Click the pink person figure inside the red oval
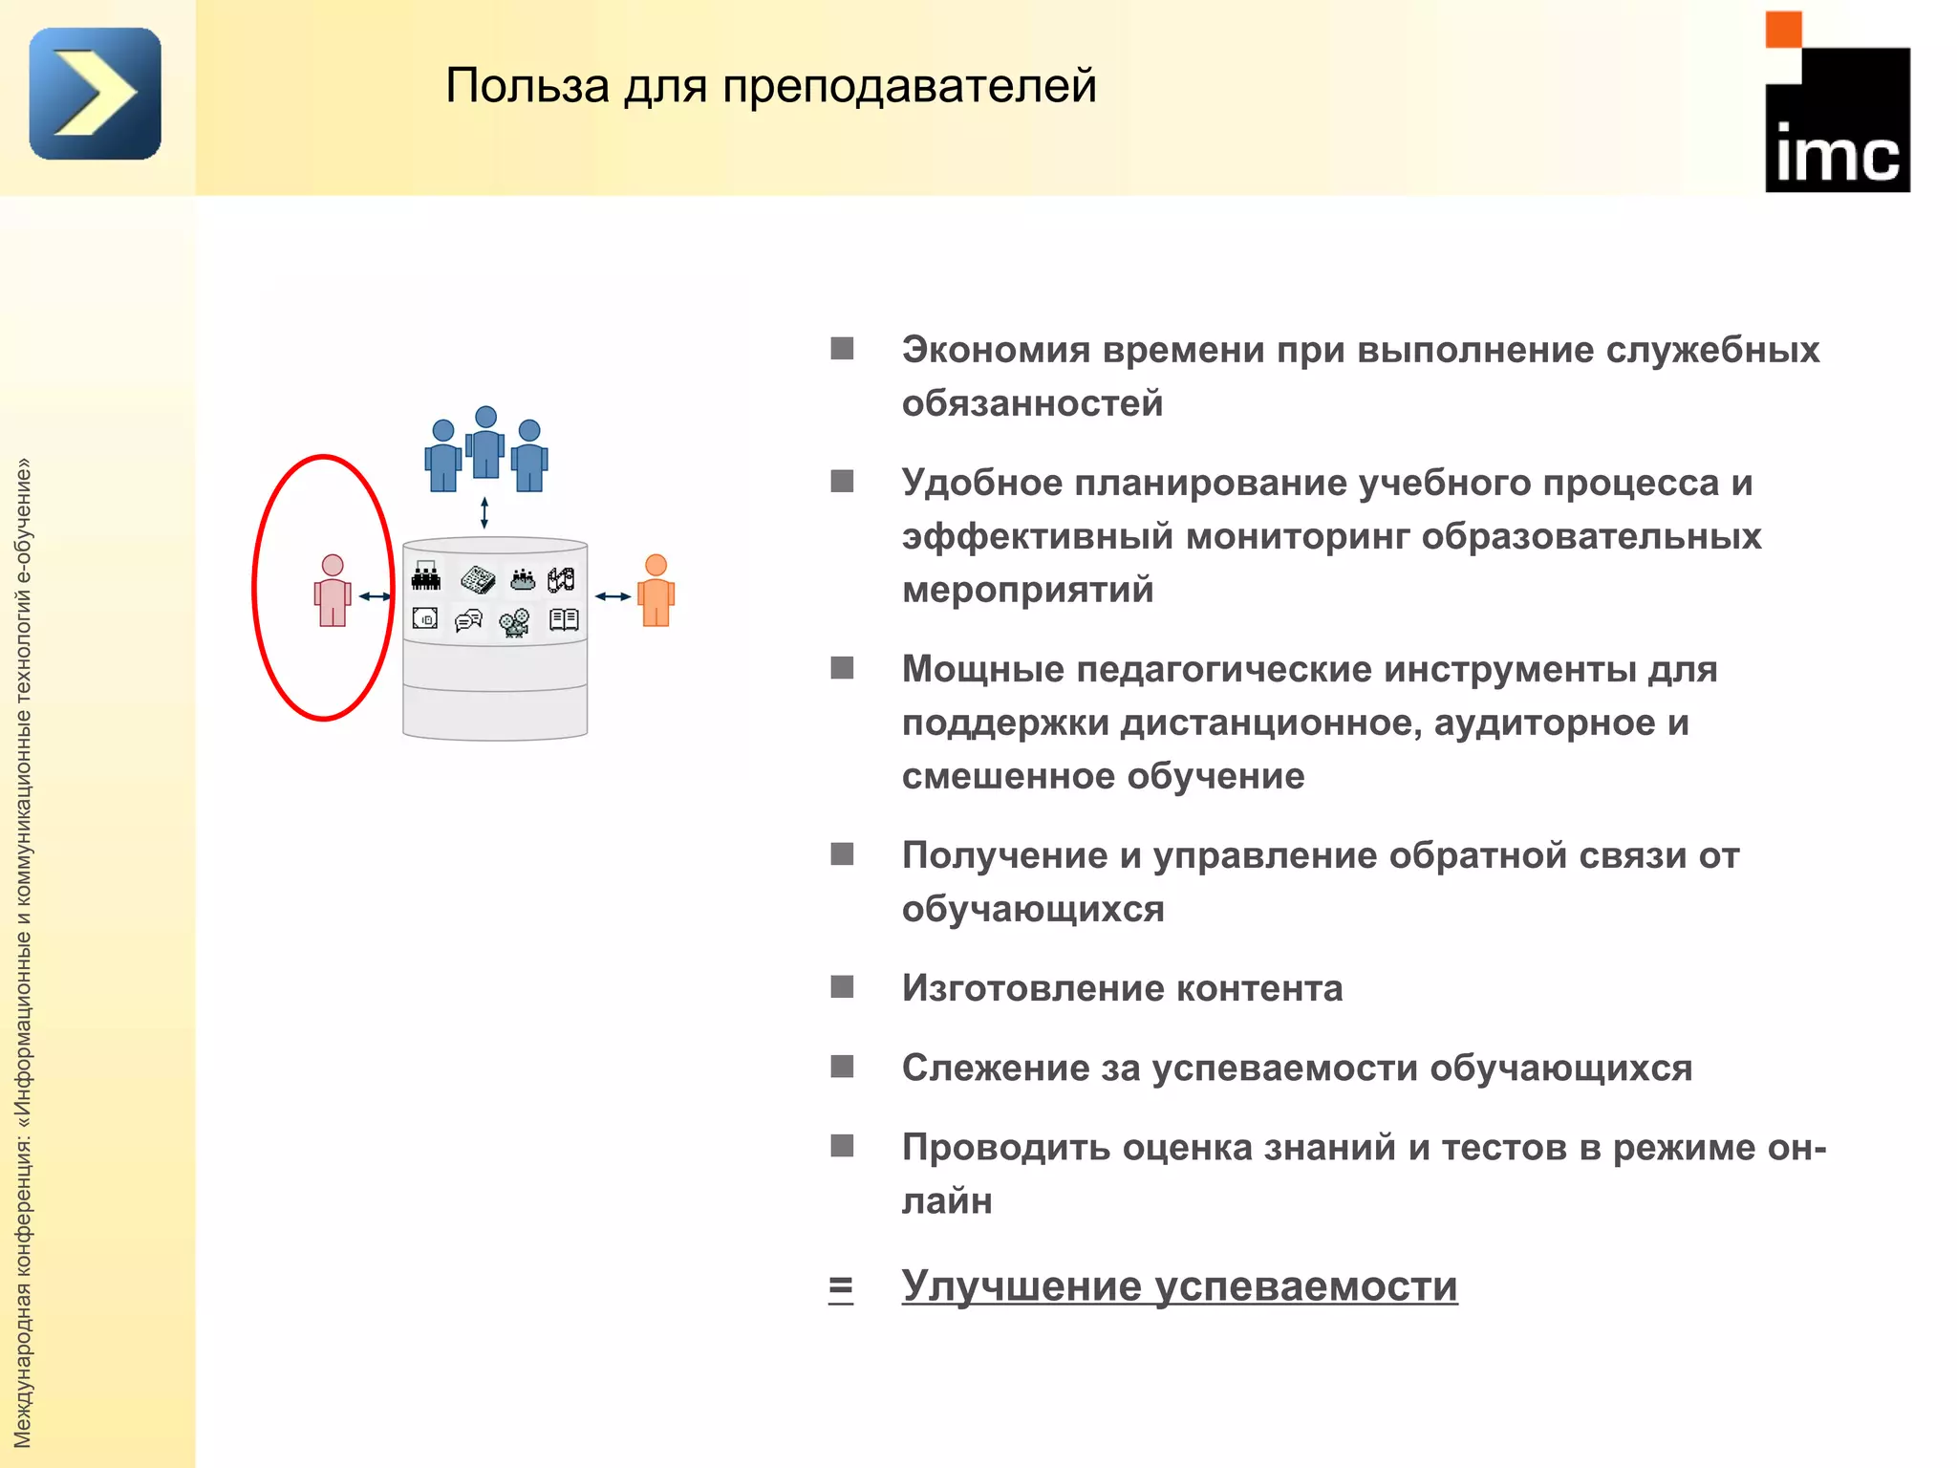click(333, 591)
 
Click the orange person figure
click(656, 591)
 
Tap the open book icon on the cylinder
click(564, 620)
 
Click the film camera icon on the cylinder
click(516, 622)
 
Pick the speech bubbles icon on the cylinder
click(468, 621)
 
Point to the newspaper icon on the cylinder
click(478, 579)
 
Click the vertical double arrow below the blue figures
click(484, 513)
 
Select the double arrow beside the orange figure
click(613, 596)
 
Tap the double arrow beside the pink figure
click(375, 596)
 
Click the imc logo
click(1837, 103)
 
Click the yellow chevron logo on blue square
click(96, 94)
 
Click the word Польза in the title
click(527, 86)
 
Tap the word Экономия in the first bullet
click(995, 350)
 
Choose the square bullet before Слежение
click(842, 1066)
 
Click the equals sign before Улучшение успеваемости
click(841, 1288)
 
